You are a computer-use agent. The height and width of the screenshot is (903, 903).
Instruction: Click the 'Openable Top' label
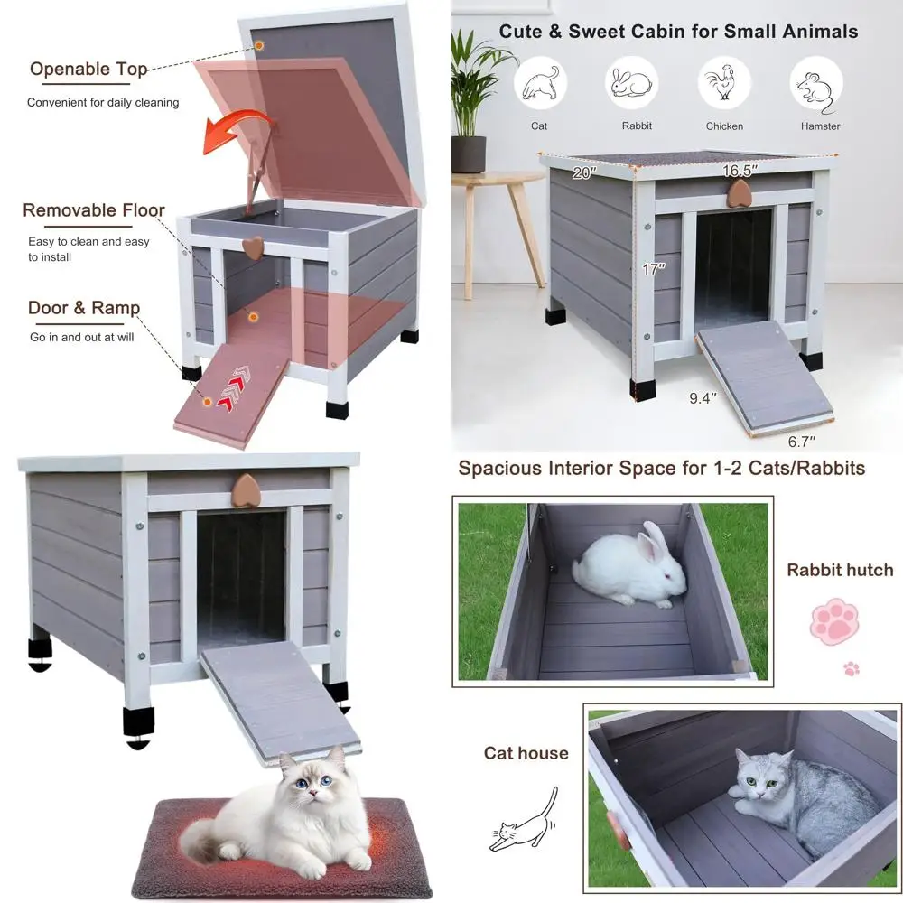point(88,70)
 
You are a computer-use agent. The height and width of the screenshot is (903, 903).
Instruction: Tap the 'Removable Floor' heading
point(94,210)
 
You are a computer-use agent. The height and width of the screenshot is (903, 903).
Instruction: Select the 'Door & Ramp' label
point(84,308)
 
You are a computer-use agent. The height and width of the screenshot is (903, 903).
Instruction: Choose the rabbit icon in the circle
point(632,83)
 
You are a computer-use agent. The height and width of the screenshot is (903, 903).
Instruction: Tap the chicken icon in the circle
point(724,83)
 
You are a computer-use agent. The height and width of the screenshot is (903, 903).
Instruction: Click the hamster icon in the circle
point(817,83)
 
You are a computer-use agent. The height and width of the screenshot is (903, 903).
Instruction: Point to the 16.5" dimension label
point(740,170)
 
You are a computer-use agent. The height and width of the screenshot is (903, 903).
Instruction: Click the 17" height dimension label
point(652,268)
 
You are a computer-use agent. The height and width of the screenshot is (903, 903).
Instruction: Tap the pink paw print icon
point(833,622)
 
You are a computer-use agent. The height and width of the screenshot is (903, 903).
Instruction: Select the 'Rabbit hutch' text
point(840,570)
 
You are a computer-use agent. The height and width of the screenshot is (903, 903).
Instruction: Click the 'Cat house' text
point(526,753)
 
